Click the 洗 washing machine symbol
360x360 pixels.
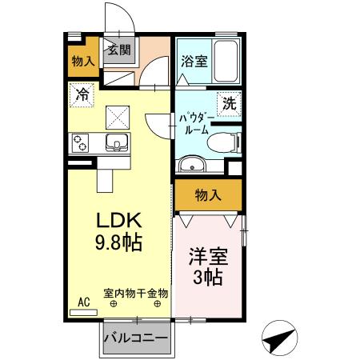pos(230,102)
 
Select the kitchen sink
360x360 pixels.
pos(116,144)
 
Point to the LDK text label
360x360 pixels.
pos(119,220)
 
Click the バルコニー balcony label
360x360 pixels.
pos(135,337)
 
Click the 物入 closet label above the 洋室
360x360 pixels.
pos(208,194)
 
